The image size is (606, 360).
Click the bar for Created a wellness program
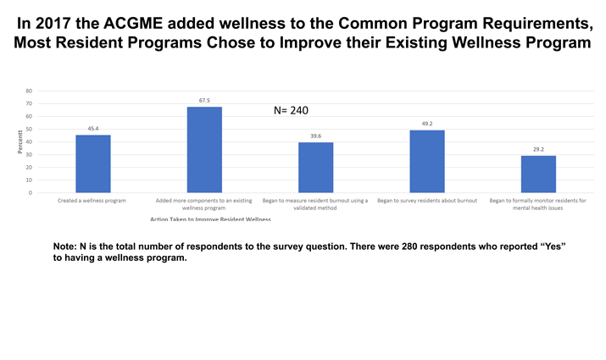[x=92, y=163]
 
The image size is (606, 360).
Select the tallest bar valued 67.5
[x=204, y=149]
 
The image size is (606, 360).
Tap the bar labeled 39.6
[x=315, y=167]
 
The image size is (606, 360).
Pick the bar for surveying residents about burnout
[x=426, y=161]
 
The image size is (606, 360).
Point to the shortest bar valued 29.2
[x=538, y=174]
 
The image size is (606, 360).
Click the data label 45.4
[x=92, y=129]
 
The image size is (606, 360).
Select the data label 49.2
[x=426, y=124]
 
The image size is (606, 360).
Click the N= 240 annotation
[x=291, y=110]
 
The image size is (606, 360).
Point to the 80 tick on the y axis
[x=30, y=91]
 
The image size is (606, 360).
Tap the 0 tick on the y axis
[x=31, y=192]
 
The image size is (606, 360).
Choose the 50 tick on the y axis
[x=30, y=129]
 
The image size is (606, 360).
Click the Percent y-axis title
[x=19, y=141]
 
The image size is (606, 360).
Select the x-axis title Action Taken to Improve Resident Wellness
[x=210, y=219]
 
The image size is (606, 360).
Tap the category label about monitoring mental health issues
[x=537, y=204]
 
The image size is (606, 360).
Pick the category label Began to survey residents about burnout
[x=426, y=201]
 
